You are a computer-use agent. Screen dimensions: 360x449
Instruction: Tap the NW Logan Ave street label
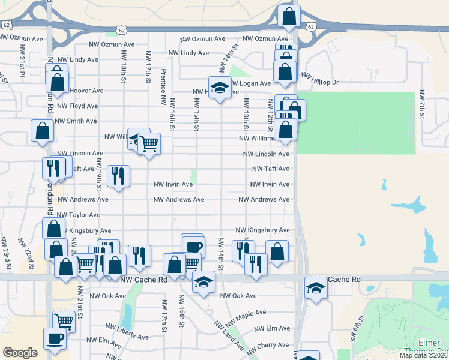pyautogui.click(x=251, y=83)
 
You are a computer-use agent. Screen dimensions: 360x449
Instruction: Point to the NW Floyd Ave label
pyautogui.click(x=76, y=106)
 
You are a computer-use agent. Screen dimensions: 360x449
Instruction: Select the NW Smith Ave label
pyautogui.click(x=76, y=121)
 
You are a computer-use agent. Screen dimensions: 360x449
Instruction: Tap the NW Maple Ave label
pyautogui.click(x=244, y=313)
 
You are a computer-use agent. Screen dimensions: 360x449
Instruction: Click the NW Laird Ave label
pyautogui.click(x=228, y=336)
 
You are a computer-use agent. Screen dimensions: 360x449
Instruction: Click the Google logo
pyautogui.click(x=20, y=352)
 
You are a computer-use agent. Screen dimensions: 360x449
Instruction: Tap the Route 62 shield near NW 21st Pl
pyautogui.click(x=7, y=25)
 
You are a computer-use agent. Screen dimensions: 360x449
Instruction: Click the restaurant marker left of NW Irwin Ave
pyautogui.click(x=118, y=176)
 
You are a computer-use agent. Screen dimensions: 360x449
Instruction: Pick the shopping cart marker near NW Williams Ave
pyautogui.click(x=149, y=143)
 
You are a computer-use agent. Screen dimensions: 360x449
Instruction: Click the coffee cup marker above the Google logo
pyautogui.click(x=55, y=338)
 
